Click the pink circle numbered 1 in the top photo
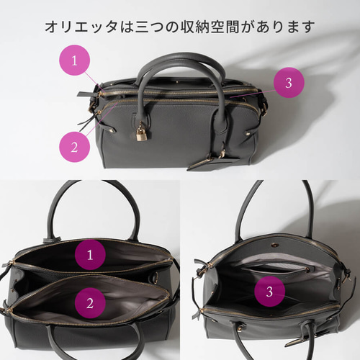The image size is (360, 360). (74, 60)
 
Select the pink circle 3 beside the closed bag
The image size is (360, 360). (288, 83)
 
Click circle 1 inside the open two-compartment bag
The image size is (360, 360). (90, 255)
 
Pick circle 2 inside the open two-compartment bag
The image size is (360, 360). (90, 303)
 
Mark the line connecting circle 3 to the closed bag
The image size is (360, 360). (252, 91)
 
